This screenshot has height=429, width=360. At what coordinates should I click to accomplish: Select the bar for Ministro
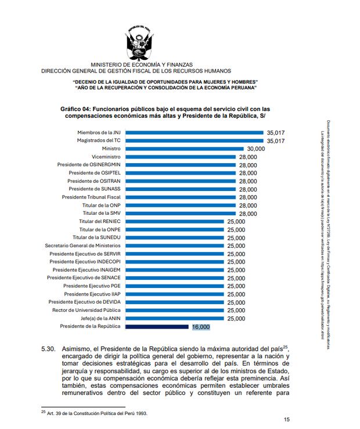[x=185, y=149]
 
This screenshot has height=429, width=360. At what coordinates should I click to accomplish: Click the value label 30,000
[x=255, y=149]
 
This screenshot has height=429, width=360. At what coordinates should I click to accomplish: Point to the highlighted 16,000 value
[x=200, y=327]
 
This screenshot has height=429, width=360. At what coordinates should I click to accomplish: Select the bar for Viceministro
[x=181, y=157]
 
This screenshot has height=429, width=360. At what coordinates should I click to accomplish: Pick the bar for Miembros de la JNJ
[x=195, y=132]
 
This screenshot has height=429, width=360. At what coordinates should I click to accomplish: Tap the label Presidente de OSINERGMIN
[x=89, y=165]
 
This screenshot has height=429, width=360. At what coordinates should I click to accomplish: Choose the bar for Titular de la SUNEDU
[x=175, y=237]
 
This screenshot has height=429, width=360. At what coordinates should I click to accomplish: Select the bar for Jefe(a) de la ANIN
[x=175, y=319]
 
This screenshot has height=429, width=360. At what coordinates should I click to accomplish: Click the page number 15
[x=286, y=420]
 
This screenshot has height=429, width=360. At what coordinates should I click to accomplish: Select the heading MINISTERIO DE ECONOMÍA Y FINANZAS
[x=142, y=64]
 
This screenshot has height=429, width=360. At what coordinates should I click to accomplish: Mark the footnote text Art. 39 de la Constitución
[x=96, y=413]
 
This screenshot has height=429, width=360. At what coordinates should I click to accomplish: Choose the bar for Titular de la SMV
[x=181, y=213]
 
